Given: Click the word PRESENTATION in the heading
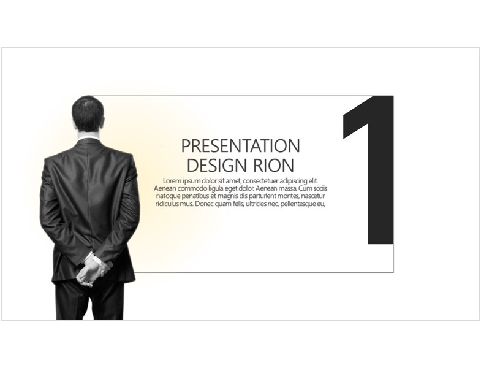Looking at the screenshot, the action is point(240,146).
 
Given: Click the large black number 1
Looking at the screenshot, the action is point(368,170).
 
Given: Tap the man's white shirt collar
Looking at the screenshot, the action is point(88,137).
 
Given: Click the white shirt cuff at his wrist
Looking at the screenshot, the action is point(97,260).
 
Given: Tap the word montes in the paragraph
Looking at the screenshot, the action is point(287,196).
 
